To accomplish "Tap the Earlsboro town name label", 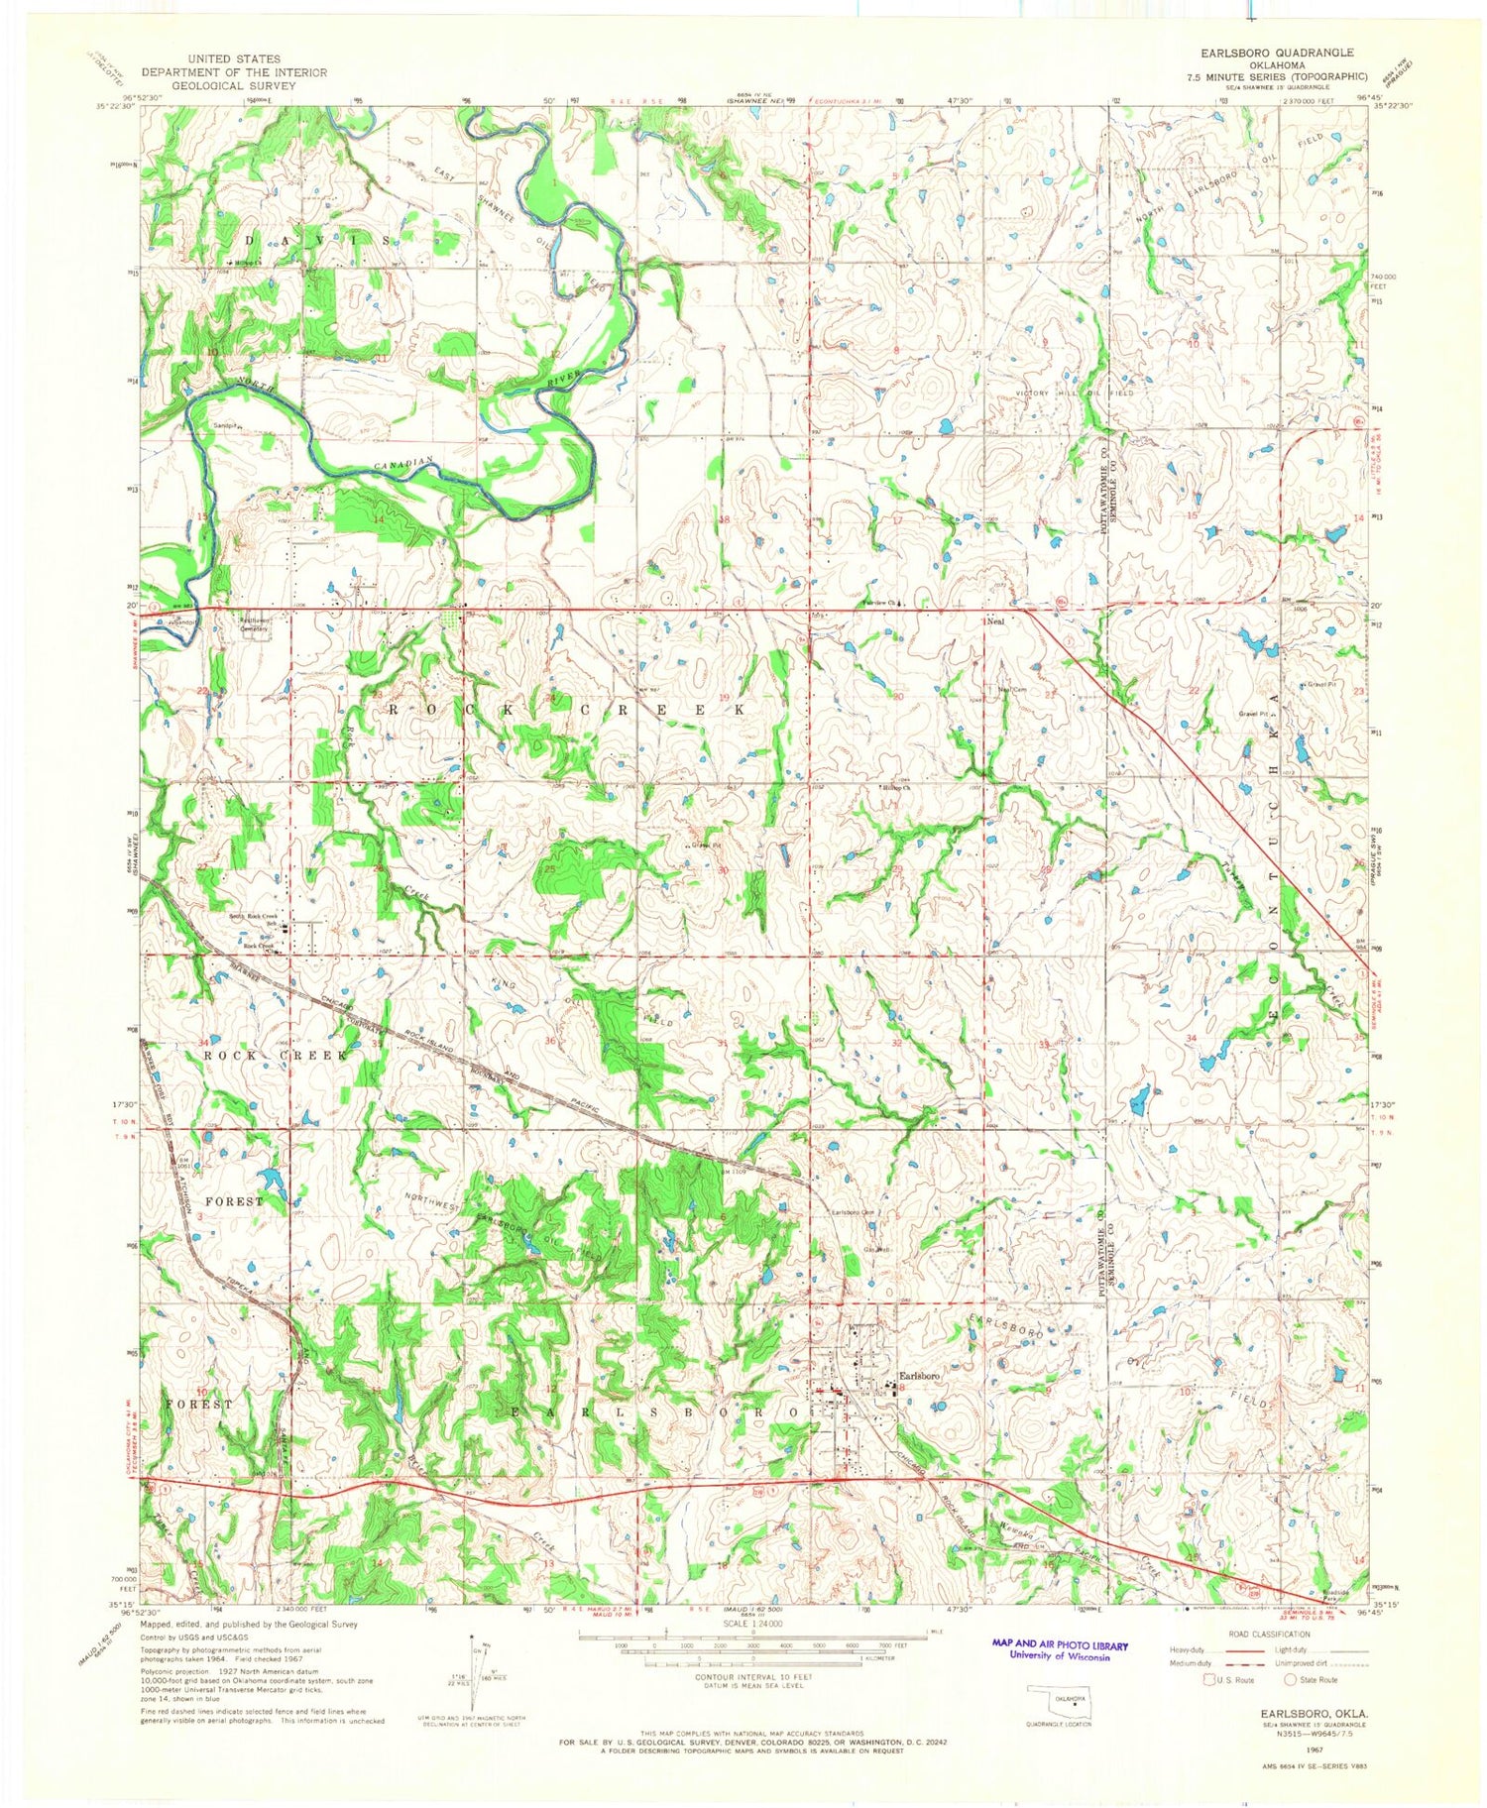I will click(x=919, y=1376).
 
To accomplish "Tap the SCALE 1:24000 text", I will click(x=751, y=1625).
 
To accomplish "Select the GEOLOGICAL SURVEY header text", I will click(x=234, y=85).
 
